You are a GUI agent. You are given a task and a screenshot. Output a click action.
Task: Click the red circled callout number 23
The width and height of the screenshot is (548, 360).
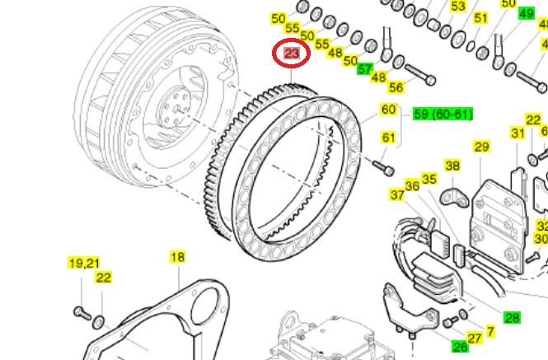(x=291, y=54)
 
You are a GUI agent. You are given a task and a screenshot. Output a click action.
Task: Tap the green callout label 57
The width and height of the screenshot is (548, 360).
(x=365, y=69)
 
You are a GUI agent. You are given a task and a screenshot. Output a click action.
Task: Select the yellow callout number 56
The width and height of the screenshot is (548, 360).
(x=396, y=87)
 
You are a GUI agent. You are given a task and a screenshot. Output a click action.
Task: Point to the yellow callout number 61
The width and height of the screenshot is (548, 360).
(x=388, y=137)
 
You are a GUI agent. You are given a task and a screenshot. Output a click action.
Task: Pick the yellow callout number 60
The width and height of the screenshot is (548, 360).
(x=388, y=110)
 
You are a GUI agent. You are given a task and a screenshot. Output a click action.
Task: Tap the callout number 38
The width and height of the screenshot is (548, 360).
(x=452, y=166)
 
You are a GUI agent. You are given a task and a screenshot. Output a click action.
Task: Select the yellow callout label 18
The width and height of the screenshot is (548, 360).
(x=177, y=257)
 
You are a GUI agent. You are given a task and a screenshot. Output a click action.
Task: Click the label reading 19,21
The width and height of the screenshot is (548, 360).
(x=83, y=263)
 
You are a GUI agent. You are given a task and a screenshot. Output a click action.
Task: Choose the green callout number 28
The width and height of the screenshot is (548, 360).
(x=512, y=317)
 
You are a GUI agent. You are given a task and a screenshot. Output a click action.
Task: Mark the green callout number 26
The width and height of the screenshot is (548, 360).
(x=460, y=347)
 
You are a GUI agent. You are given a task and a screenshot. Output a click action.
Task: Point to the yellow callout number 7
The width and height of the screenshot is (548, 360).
(x=490, y=332)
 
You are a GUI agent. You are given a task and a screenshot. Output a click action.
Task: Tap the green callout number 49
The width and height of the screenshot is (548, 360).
(x=525, y=14)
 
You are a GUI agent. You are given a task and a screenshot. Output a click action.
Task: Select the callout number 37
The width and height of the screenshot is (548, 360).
(x=398, y=194)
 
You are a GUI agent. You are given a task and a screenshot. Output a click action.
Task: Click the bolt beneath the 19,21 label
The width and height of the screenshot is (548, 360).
(x=81, y=312)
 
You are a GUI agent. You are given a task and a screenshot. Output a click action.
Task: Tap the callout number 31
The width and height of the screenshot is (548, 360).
(x=518, y=133)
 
